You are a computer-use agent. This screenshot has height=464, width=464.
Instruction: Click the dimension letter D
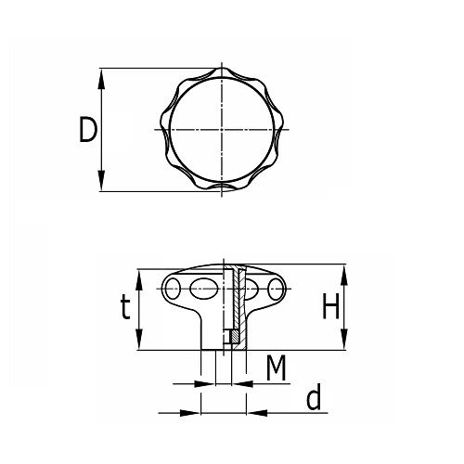pos(88,129)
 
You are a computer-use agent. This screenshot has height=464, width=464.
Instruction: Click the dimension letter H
pos(330,306)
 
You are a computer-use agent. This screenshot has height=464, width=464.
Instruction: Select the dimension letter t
pos(125,306)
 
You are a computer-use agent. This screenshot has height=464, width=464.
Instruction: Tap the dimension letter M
pos(277,367)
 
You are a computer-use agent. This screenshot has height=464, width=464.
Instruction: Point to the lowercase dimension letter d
pos(314,397)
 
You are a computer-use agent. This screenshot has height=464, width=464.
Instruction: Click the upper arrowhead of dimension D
pos(101,79)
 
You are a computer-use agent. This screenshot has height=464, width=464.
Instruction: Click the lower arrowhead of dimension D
pos(101,181)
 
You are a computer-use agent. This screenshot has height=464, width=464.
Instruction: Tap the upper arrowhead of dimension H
pos(344,275)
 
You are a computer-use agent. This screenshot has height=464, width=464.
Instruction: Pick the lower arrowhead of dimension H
pos(344,340)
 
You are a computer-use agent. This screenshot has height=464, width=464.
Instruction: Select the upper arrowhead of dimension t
pos(139,280)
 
